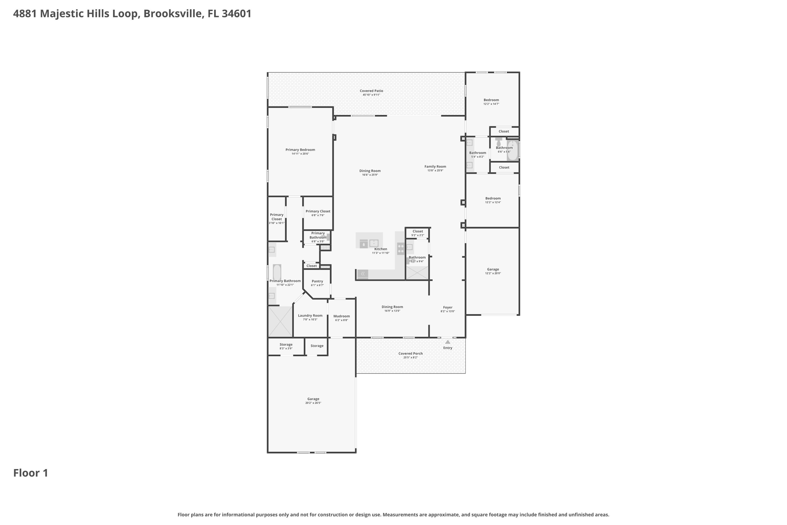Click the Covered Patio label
coord(371,91)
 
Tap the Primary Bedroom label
coord(300,150)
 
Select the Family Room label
coord(435,167)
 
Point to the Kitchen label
coord(380,249)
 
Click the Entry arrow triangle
coord(448,342)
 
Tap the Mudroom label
coord(342,316)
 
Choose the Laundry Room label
coord(310,315)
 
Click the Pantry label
coord(317,281)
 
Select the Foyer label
coord(448,307)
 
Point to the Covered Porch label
coord(410,353)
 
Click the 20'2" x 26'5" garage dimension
coord(313,403)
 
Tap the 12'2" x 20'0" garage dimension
coord(493,273)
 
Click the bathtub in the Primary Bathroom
coord(277,272)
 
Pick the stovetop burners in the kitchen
coord(400,248)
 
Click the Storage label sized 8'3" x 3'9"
coord(286,345)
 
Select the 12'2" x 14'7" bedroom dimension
coord(491,104)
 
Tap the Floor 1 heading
coord(31,473)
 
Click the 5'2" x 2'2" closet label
coord(418,235)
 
